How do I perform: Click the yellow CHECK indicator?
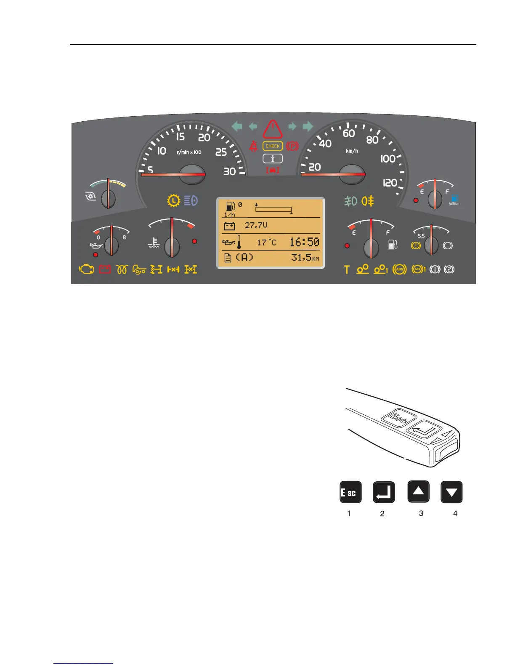click(x=273, y=146)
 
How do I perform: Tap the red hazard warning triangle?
click(x=273, y=130)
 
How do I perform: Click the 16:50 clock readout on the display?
click(x=304, y=242)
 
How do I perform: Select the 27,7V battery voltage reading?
click(x=256, y=226)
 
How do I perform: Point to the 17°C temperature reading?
click(x=267, y=243)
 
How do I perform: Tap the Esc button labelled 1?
click(x=350, y=492)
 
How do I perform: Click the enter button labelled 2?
click(x=384, y=492)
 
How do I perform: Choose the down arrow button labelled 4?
click(x=451, y=492)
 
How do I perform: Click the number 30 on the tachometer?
click(x=229, y=171)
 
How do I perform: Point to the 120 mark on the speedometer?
click(x=390, y=183)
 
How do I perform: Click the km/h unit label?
click(x=352, y=151)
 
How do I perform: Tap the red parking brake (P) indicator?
click(x=292, y=146)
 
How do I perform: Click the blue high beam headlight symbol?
click(x=191, y=201)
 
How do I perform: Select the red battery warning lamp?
click(x=105, y=269)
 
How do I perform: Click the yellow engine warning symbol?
click(x=87, y=269)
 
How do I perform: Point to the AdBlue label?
click(x=454, y=204)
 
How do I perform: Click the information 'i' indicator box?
click(x=273, y=159)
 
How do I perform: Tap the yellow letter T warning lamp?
click(x=347, y=269)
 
